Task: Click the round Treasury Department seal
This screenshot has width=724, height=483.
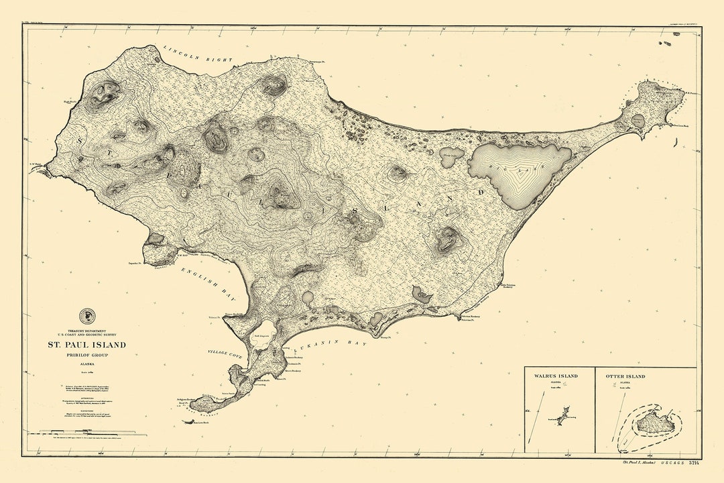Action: (87, 316)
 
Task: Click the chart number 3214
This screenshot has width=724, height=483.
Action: (693, 463)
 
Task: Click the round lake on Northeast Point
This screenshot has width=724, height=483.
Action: (638, 120)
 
